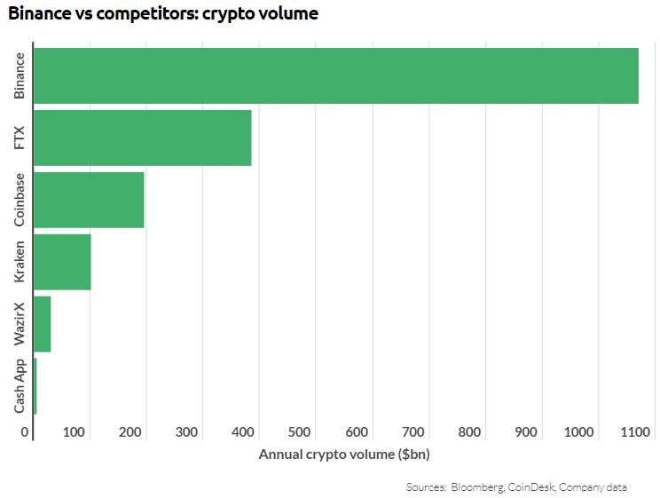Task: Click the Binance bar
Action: [x=335, y=75]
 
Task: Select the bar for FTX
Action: [x=142, y=138]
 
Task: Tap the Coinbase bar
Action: [x=89, y=200]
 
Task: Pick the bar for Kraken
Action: [x=62, y=262]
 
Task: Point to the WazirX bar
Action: [x=42, y=324]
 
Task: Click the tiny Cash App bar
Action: [x=35, y=386]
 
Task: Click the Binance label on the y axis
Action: [x=20, y=76]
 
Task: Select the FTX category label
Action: [x=20, y=138]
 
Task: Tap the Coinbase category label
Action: [x=20, y=200]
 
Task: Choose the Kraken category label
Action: [x=20, y=262]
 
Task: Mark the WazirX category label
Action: [x=20, y=324]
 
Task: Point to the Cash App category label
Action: [x=20, y=386]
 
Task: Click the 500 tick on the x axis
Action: [x=300, y=432]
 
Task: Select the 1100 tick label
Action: [x=636, y=432]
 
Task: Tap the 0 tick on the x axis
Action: [x=26, y=432]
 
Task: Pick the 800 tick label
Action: [x=469, y=432]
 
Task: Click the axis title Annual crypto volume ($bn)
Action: [x=343, y=455]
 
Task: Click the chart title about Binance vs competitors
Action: [x=163, y=14]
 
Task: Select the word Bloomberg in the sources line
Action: [x=478, y=487]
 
